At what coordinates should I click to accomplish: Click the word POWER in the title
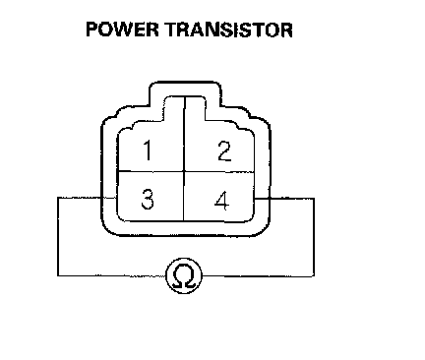(122, 30)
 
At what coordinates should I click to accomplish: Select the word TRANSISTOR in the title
(229, 30)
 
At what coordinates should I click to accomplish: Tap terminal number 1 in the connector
(148, 150)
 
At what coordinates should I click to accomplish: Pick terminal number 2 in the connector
(224, 150)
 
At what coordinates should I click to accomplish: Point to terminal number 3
(148, 200)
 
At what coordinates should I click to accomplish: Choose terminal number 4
(222, 201)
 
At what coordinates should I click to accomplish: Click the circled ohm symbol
(184, 275)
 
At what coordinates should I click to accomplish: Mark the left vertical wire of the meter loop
(58, 236)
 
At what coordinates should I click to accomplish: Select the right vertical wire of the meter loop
(314, 237)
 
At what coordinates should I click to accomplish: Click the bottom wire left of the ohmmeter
(112, 275)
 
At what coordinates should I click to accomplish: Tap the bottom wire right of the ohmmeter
(258, 275)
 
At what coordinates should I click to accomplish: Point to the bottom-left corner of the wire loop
(58, 275)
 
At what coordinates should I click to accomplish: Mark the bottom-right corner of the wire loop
(314, 275)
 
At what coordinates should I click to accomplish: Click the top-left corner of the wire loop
(58, 198)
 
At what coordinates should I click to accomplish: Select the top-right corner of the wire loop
(314, 199)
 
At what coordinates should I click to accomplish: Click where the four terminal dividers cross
(184, 171)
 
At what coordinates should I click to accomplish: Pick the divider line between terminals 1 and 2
(185, 134)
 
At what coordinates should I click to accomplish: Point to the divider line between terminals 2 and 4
(219, 172)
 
